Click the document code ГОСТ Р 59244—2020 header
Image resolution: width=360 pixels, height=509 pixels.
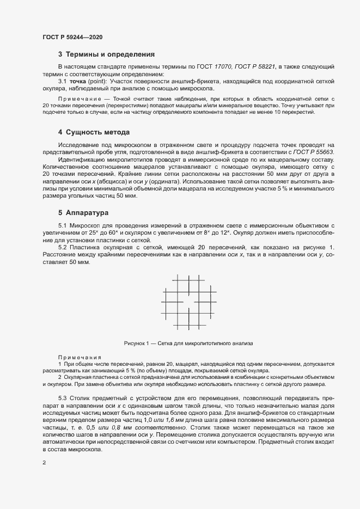coord(72,37)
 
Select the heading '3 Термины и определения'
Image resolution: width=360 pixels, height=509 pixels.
coord(106,54)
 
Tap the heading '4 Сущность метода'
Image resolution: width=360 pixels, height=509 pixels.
coord(93,132)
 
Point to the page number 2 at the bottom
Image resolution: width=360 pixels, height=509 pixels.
coord(44,463)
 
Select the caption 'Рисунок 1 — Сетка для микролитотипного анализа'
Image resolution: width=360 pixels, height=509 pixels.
coord(188,344)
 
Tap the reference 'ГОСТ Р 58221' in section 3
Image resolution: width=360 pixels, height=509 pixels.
coord(255,66)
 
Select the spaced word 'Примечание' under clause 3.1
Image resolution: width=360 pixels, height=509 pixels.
coord(80,98)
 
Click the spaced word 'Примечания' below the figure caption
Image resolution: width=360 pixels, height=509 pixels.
coord(80,357)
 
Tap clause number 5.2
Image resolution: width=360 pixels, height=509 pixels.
coord(62,247)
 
